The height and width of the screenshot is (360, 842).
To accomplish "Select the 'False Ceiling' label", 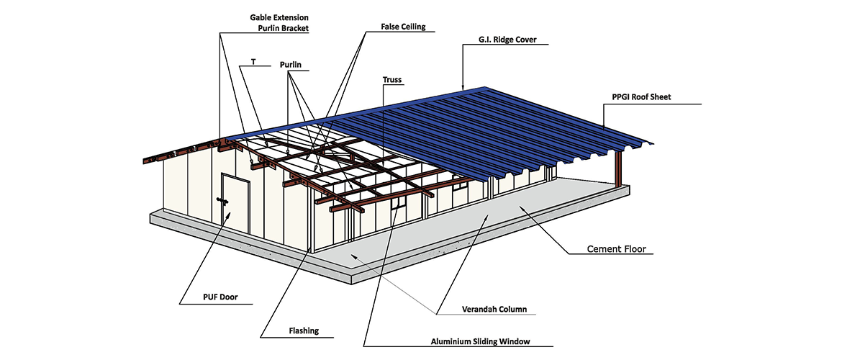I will [403, 27].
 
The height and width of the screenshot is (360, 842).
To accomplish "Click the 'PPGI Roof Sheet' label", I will [641, 96].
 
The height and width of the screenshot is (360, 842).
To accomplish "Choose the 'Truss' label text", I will [392, 80].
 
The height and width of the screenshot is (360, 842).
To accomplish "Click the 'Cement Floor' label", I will [617, 249].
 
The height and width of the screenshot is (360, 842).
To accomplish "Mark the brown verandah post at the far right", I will [617, 167].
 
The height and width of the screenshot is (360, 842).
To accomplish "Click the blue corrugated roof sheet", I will [504, 122].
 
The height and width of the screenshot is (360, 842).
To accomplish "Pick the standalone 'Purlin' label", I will [290, 65].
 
